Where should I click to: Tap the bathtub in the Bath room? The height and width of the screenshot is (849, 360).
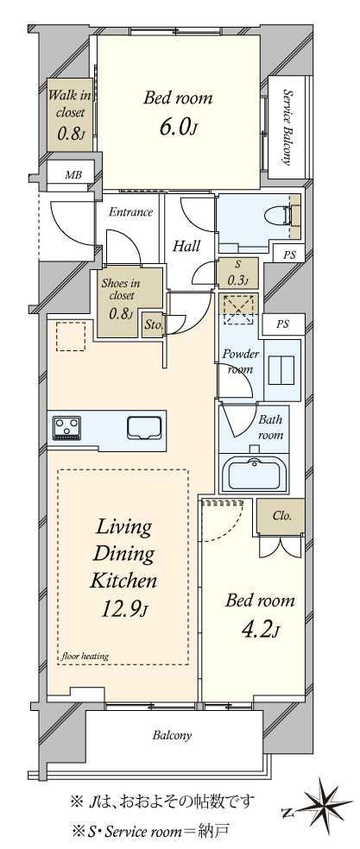[253, 475]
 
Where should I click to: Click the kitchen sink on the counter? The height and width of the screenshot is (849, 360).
[145, 428]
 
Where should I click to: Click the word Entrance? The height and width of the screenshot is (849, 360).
[130, 211]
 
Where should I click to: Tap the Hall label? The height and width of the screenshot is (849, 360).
[186, 247]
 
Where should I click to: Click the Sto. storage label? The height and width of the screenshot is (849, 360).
[152, 325]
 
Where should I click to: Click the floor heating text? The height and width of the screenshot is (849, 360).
[85, 656]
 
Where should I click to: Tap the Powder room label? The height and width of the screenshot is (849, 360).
[240, 362]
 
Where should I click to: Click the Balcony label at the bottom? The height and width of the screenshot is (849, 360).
[172, 736]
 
